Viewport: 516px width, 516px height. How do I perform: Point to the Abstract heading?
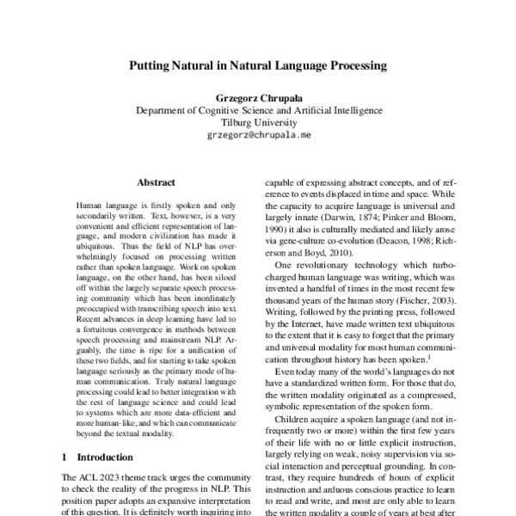point(156,182)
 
